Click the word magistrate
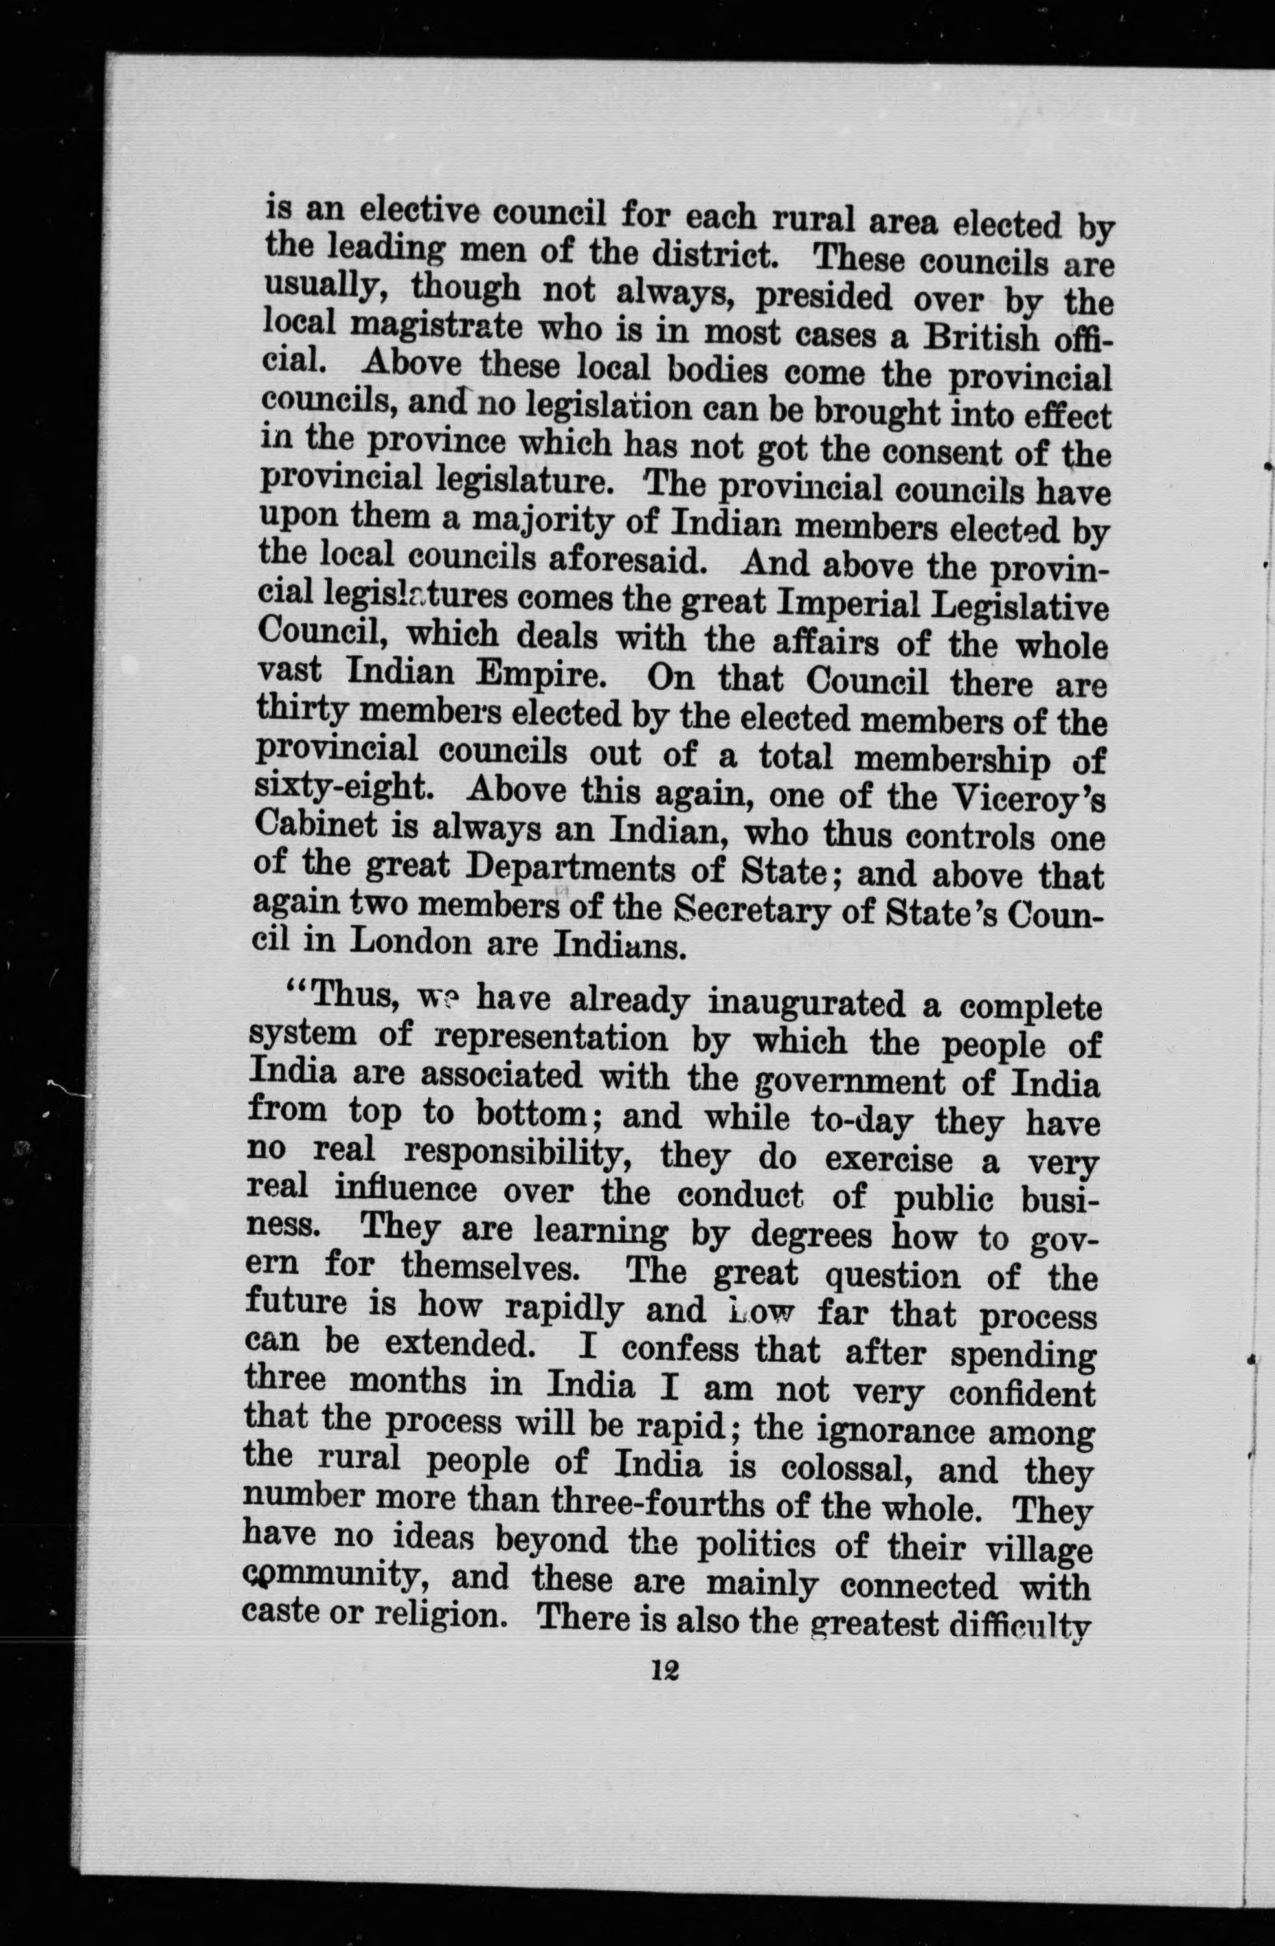point(435,331)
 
